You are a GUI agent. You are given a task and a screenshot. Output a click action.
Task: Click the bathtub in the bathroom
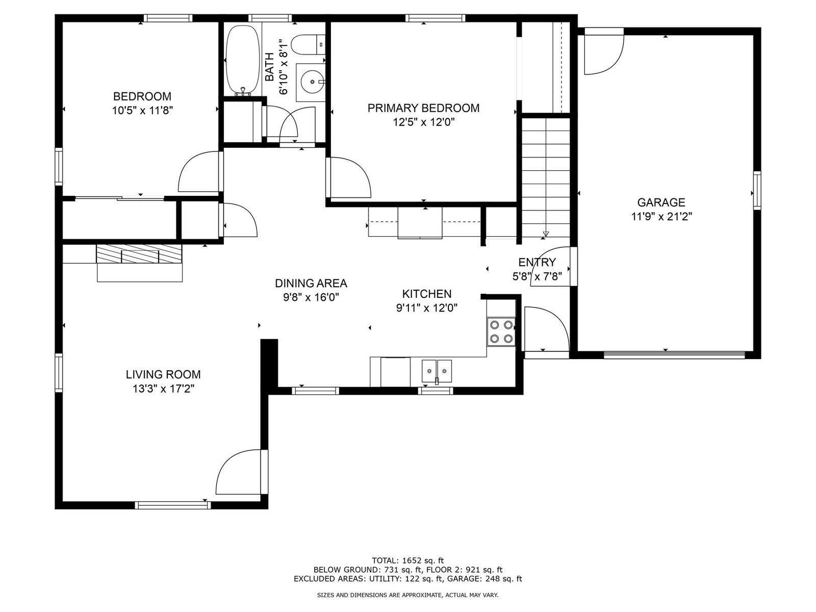pyautogui.click(x=243, y=60)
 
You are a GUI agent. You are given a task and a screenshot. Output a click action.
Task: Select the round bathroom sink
pyautogui.click(x=311, y=82)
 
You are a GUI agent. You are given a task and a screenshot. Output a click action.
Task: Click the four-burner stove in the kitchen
pyautogui.click(x=501, y=332)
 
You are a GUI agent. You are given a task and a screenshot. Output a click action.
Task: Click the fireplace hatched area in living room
pyautogui.click(x=139, y=254)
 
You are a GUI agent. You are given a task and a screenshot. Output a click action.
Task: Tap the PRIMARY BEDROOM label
pyautogui.click(x=423, y=108)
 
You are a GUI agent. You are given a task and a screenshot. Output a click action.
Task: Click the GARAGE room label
pyautogui.click(x=661, y=202)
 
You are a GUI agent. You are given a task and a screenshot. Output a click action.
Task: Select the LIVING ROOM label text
pyautogui.click(x=163, y=374)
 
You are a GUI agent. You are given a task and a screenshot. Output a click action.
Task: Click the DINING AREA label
pyautogui.click(x=311, y=284)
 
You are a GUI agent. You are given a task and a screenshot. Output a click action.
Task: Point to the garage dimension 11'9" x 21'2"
pyautogui.click(x=661, y=216)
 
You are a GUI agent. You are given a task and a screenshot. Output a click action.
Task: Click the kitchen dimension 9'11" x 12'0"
pyautogui.click(x=427, y=308)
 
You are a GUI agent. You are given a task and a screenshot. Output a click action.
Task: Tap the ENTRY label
pyautogui.click(x=537, y=262)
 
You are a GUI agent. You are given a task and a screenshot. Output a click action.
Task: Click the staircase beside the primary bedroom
pyautogui.click(x=546, y=177)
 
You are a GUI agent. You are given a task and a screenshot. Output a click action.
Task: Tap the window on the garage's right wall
pyautogui.click(x=757, y=191)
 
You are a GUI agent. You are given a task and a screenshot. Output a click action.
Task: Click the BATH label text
pyautogui.click(x=269, y=67)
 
